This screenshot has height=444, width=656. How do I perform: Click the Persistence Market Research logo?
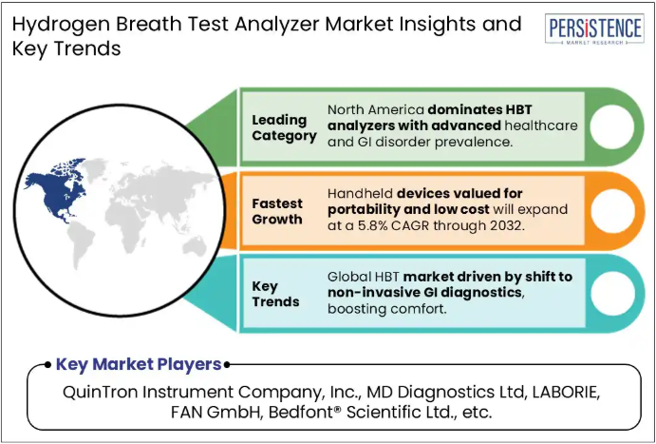[594, 29]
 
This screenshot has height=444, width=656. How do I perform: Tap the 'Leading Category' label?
[284, 127]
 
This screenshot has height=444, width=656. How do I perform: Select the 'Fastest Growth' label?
[277, 211]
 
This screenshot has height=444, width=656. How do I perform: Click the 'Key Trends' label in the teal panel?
[275, 294]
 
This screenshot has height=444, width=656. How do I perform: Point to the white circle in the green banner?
[612, 126]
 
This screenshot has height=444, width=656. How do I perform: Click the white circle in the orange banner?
[612, 211]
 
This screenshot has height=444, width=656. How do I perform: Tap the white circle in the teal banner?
[612, 294]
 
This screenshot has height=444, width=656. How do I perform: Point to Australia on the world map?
[194, 245]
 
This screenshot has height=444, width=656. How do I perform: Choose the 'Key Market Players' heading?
[139, 364]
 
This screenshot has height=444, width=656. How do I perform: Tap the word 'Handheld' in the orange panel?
[360, 193]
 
